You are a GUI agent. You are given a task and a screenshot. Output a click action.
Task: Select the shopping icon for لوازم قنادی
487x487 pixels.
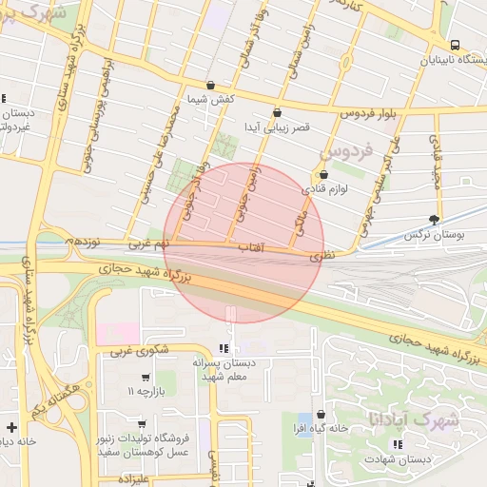pos(324,175)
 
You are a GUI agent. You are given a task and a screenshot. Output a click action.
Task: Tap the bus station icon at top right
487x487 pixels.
pos(455,45)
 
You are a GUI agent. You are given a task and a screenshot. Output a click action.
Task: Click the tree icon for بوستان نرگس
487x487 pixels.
pos(436,220)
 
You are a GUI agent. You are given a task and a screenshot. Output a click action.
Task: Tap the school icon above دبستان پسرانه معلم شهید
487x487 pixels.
pos(224,348)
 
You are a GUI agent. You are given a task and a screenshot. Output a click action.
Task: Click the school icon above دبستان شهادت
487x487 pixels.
pos(398,444)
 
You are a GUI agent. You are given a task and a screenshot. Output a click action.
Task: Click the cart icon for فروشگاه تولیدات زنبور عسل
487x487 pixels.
pos(142,424)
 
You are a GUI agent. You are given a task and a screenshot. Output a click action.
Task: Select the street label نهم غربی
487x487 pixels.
pos(147,244)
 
